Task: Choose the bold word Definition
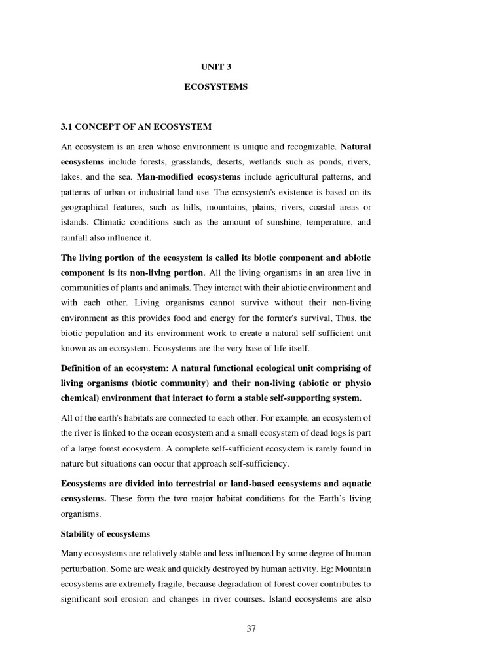tap(82, 368)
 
